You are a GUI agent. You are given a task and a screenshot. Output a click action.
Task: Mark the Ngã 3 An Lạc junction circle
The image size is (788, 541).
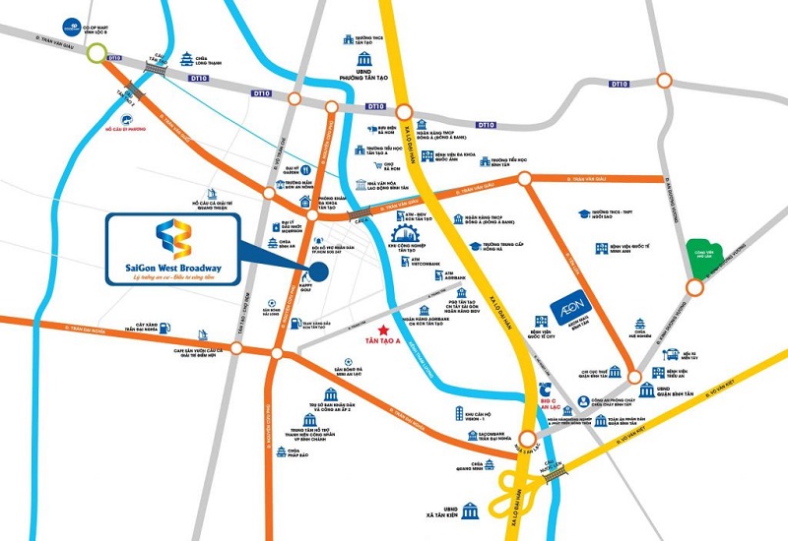click(528, 440)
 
